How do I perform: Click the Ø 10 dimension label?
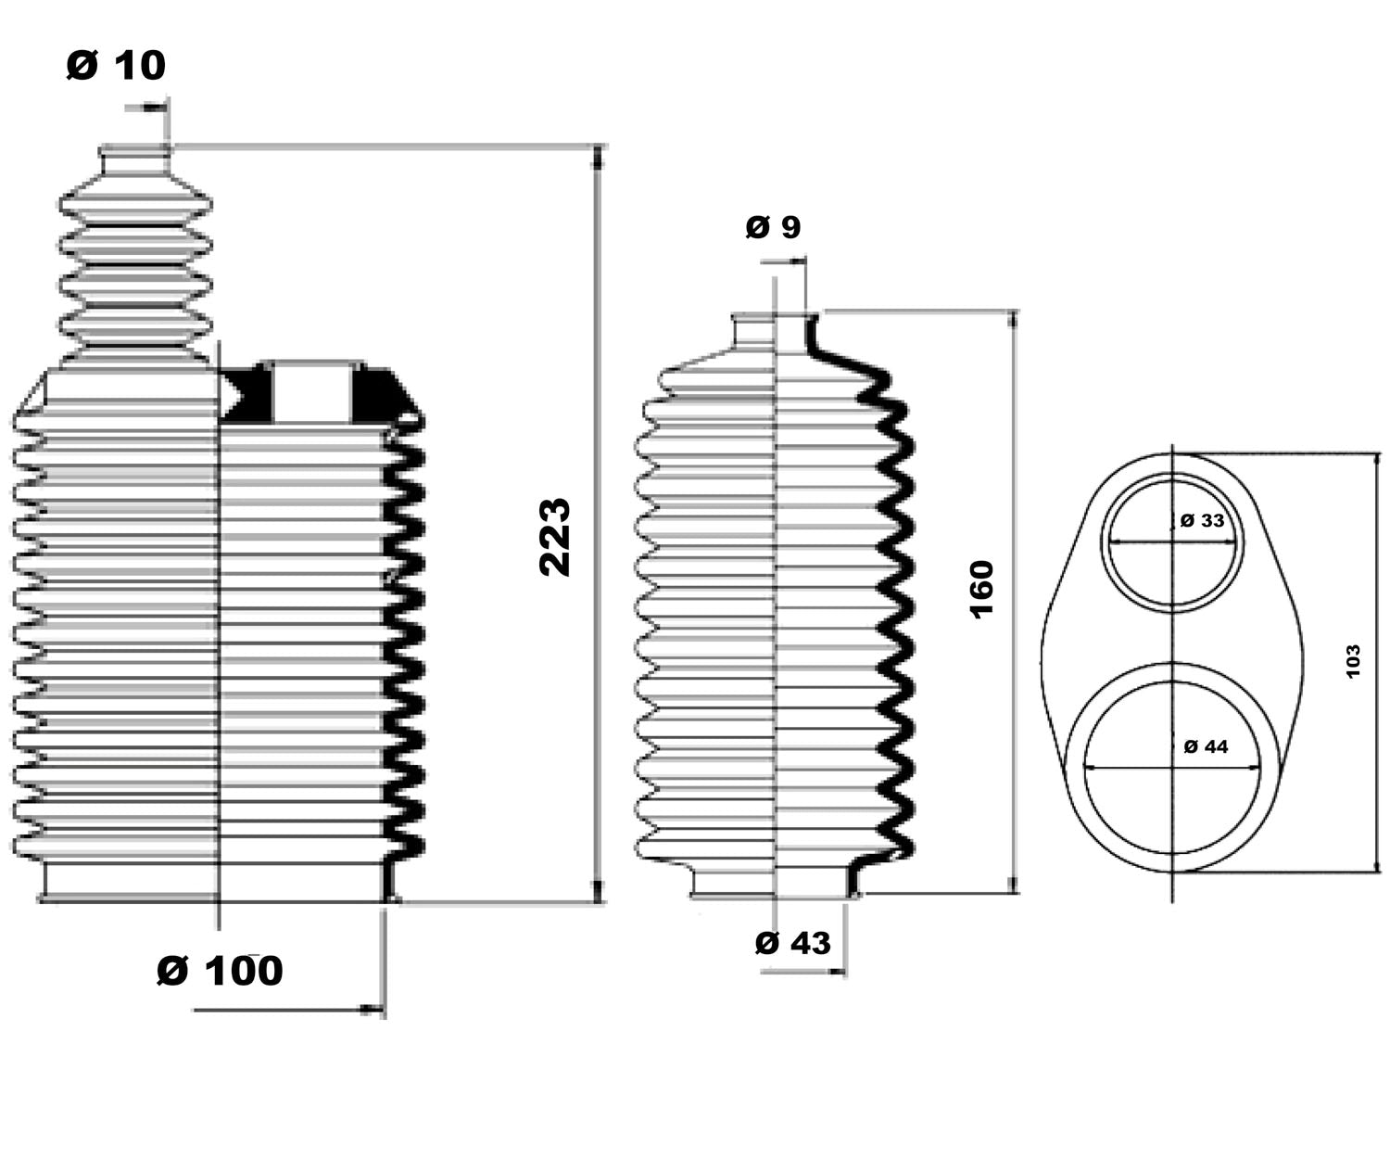coord(116,65)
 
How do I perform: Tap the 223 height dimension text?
coord(555,537)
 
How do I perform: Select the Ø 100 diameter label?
coord(220,971)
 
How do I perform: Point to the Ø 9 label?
coord(773,226)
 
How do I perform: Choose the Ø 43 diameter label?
coord(793,943)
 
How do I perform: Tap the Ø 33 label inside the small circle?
coord(1203,520)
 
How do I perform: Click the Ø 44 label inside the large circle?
coord(1206,745)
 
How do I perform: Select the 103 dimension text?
coord(1352,661)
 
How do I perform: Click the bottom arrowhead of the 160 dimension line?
coord(1014,885)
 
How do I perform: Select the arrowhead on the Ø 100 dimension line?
coord(375,1009)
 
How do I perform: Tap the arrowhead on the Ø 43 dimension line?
coord(838,972)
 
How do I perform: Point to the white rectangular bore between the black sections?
coord(312,394)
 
